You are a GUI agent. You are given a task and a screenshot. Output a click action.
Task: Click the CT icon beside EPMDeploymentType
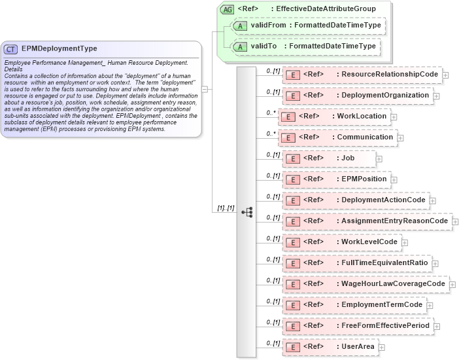point(11,48)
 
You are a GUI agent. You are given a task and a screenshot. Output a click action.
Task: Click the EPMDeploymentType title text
point(59,48)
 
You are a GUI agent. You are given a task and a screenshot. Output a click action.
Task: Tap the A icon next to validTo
point(241,46)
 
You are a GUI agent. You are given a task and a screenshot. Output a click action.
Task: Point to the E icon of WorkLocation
point(289,117)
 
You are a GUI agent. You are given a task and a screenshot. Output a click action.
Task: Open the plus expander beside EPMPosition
point(393,179)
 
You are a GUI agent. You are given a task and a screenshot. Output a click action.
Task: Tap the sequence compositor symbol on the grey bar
point(246,212)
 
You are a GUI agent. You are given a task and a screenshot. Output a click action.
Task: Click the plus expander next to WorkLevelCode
point(404,243)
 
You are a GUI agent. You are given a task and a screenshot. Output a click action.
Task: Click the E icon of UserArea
point(294,347)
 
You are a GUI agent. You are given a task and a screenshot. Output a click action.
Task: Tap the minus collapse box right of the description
point(205,89)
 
